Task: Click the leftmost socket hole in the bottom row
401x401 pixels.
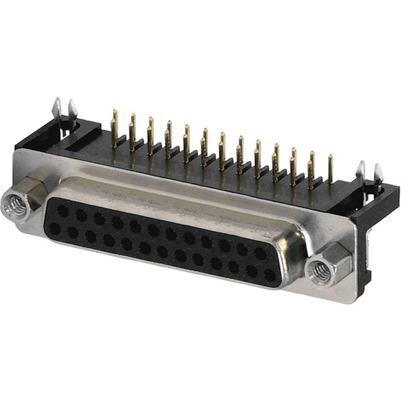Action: pos(54,228)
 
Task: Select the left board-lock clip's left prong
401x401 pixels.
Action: pos(57,107)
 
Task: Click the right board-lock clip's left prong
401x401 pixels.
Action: pos(361,172)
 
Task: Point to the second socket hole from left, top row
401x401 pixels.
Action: pos(80,215)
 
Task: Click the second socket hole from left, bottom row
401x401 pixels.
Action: pos(72,232)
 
